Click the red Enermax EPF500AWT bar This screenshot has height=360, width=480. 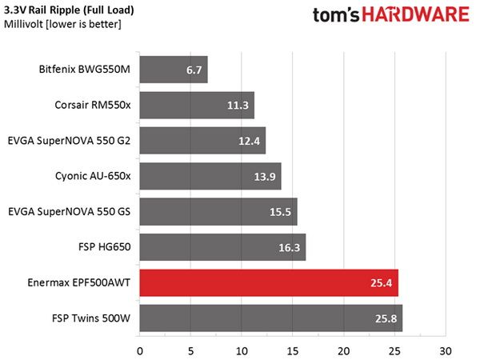point(269,283)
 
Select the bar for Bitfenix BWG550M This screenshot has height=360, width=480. point(174,70)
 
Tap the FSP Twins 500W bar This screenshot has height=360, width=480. point(271,318)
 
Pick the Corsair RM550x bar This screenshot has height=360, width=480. point(197,105)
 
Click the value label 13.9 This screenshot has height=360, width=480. point(265,177)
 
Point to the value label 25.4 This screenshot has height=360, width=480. point(381,283)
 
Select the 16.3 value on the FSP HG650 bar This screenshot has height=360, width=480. point(289,248)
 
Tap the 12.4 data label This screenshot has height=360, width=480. point(249,141)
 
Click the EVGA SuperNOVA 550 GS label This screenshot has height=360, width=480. point(69,212)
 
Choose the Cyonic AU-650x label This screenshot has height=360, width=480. point(93,176)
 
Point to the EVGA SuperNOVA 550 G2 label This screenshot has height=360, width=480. point(69,141)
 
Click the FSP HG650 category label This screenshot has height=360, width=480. point(104,246)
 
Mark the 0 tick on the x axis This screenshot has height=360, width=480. point(140,351)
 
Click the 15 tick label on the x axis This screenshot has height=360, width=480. point(293,351)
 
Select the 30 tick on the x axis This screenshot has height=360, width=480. point(446,351)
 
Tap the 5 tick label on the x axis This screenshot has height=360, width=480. point(190,351)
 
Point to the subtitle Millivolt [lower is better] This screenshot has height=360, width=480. point(62,24)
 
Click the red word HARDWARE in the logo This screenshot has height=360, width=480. point(416,14)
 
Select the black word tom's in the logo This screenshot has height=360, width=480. point(336,15)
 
